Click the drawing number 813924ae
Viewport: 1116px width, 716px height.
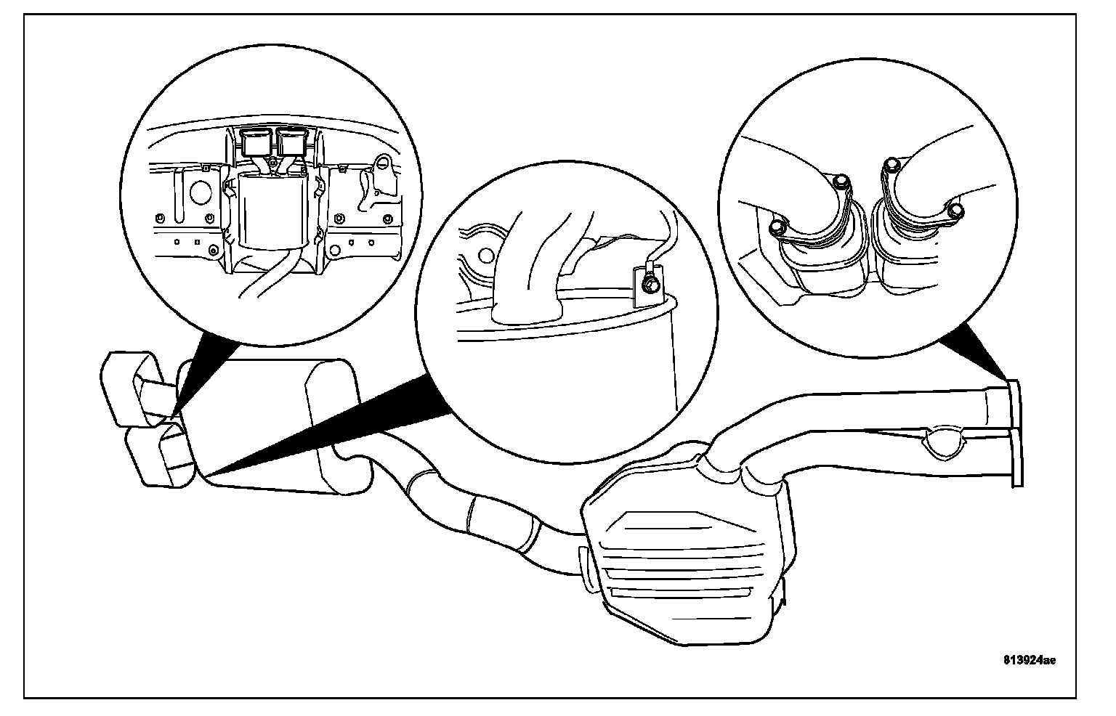click(x=1029, y=660)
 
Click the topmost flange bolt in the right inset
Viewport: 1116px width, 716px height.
click(x=892, y=166)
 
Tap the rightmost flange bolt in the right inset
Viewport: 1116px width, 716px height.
click(x=956, y=211)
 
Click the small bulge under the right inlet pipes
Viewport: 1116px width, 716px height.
click(x=942, y=443)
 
